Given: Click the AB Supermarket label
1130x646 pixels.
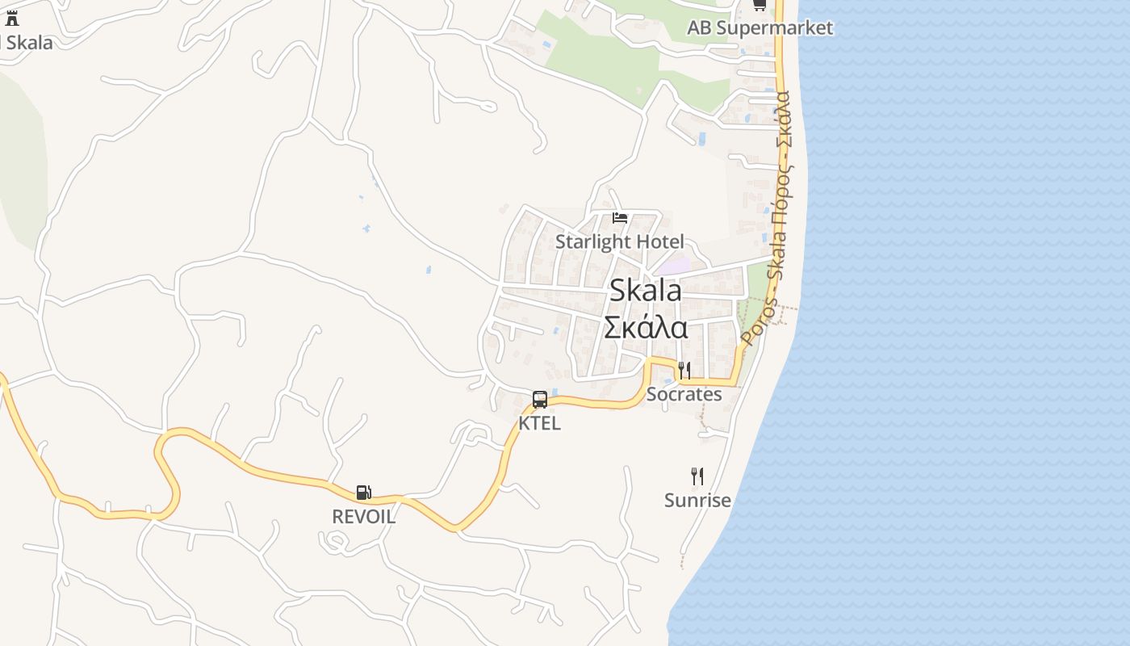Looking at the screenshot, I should point(760,27).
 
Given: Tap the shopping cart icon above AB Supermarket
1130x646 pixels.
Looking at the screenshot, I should point(759,5).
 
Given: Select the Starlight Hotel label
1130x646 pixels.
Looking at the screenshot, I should point(619,241).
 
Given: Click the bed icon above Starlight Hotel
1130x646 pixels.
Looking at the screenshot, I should point(620,218).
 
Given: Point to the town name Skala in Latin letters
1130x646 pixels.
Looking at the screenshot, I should point(645,291).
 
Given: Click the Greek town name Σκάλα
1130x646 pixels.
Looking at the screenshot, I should point(645,328).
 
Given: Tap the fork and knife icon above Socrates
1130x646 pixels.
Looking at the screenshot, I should point(684,371).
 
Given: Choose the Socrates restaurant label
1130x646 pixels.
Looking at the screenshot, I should point(684,394).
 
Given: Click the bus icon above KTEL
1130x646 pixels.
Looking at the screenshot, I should point(540,399).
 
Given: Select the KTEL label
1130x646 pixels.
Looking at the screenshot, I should point(539,422).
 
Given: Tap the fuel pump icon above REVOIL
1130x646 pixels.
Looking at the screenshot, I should point(364,493).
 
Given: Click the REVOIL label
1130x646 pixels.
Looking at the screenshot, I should point(364,517).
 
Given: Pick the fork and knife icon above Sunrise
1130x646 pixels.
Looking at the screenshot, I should point(697,476).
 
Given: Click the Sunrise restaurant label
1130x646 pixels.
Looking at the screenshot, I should point(697,500).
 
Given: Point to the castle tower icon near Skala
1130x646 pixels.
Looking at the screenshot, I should point(11,19).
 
